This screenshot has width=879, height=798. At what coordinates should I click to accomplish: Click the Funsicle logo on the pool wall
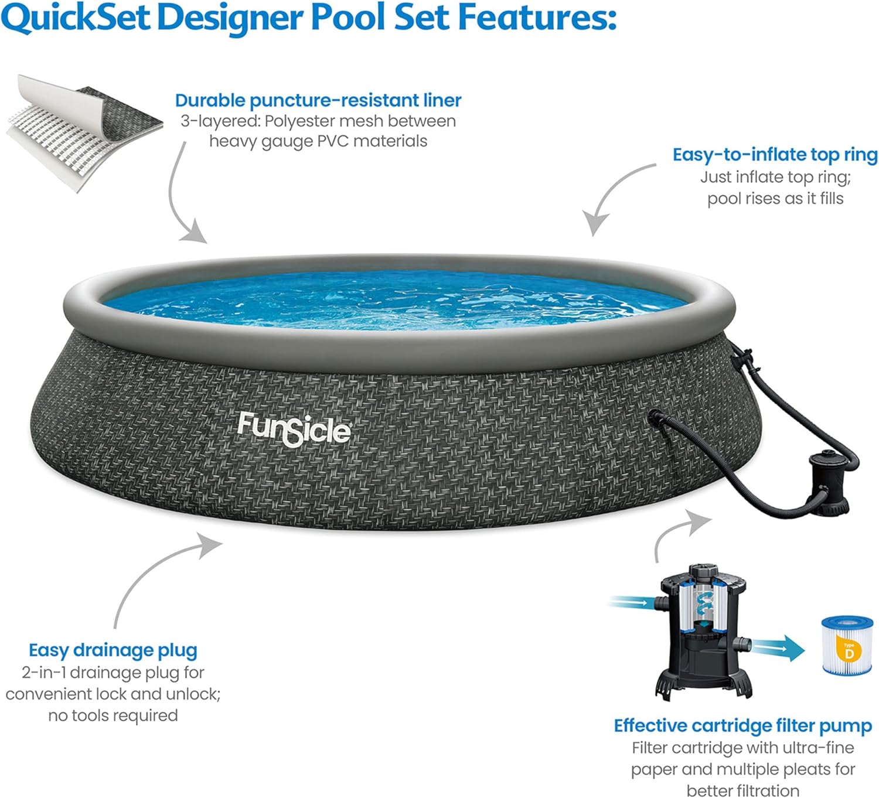(294, 429)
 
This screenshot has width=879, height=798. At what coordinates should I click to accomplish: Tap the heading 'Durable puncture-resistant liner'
(318, 100)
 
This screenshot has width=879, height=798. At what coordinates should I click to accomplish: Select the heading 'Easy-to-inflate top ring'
(775, 155)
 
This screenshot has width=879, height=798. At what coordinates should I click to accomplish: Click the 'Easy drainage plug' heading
(113, 650)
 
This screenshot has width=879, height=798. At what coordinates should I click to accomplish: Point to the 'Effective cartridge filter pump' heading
(742, 726)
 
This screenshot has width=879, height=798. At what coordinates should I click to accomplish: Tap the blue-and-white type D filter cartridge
(847, 645)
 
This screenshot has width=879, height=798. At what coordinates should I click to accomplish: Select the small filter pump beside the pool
(827, 483)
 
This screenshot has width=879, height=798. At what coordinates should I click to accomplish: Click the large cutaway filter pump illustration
(703, 630)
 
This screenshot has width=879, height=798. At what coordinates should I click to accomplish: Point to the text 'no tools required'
(113, 715)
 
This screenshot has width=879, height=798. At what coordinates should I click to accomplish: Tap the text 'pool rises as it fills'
(775, 199)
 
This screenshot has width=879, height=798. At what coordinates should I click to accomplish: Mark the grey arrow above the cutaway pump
(680, 533)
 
